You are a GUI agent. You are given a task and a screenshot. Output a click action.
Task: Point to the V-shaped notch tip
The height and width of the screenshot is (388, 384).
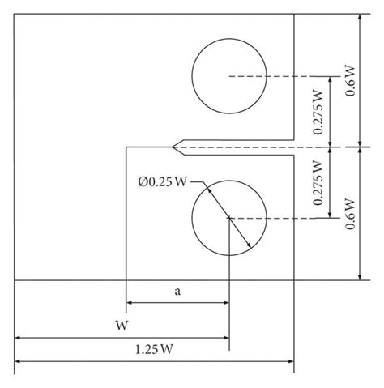tap(174, 147)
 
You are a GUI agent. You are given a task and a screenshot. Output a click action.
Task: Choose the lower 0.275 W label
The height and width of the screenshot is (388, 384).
tap(318, 182)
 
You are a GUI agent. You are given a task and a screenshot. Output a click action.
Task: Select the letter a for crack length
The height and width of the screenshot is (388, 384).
tap(177, 292)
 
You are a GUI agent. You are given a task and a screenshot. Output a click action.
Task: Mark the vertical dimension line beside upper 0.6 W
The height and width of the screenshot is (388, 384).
tap(360, 49)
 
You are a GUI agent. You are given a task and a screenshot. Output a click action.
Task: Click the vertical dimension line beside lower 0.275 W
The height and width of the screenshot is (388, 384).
tap(331, 182)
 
